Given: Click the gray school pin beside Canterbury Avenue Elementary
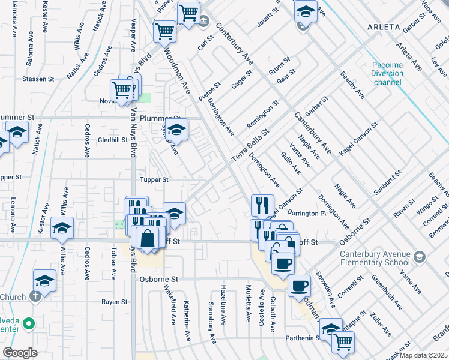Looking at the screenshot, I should [419, 257].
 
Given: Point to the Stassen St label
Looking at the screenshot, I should [38, 79].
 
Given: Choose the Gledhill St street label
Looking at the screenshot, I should [113, 140].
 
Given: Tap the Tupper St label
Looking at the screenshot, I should [154, 179].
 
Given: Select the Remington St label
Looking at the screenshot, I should [263, 115].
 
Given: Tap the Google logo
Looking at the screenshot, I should [20, 353].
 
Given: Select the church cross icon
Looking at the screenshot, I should [35, 296].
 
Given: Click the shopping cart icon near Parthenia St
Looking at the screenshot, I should [343, 341].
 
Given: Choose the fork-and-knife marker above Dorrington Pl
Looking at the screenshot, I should [262, 205].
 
